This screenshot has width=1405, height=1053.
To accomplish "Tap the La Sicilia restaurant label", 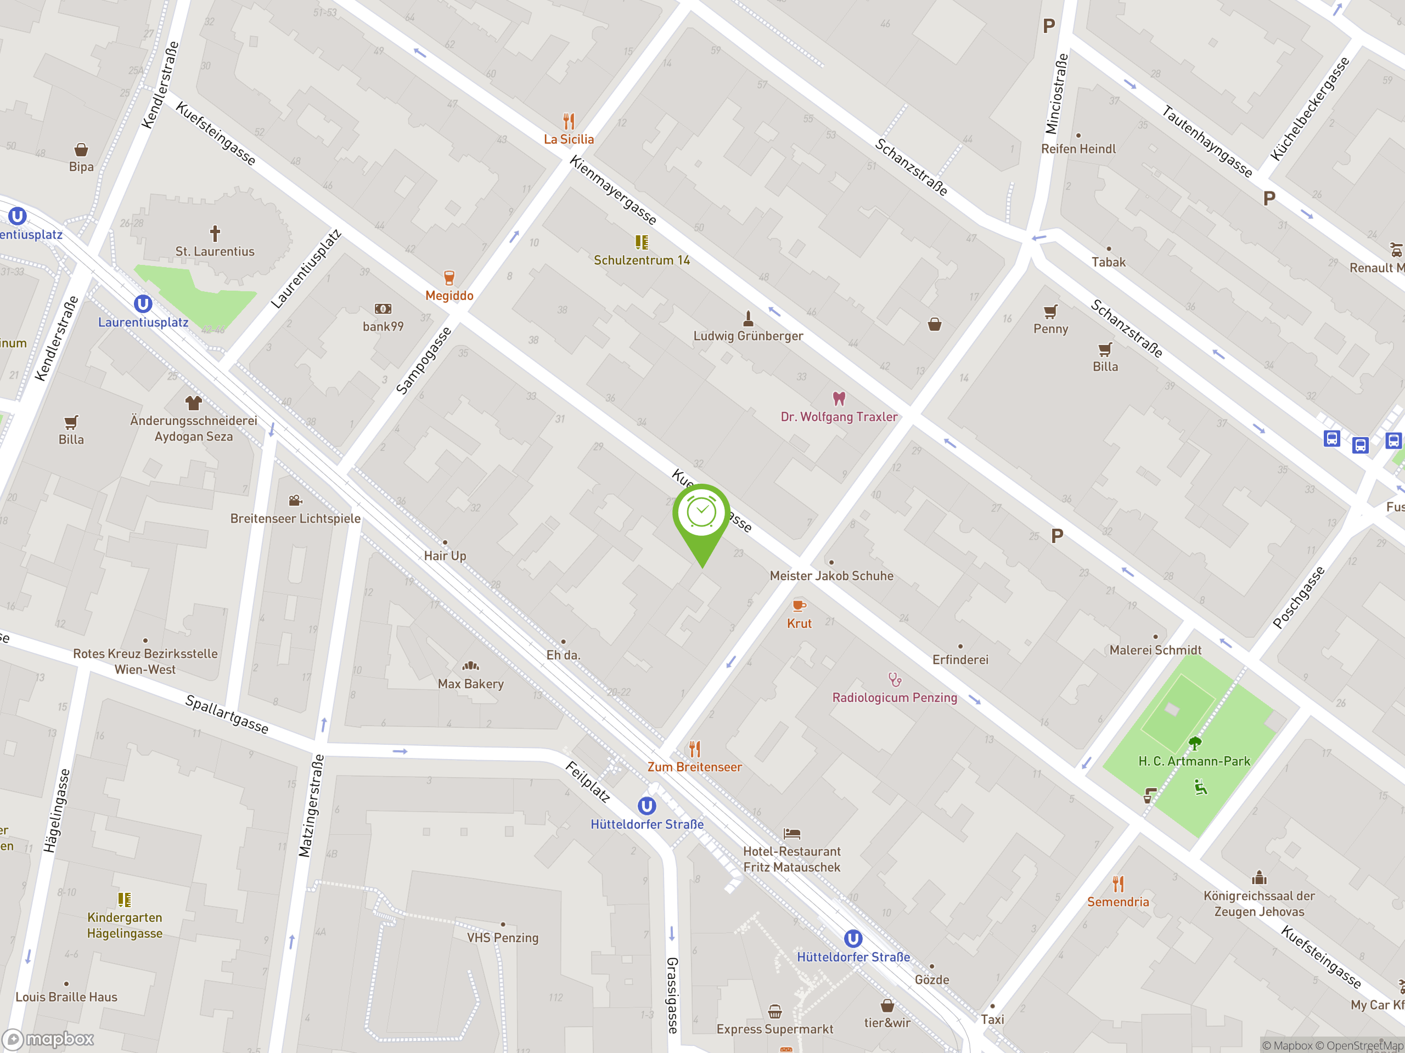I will (x=569, y=139).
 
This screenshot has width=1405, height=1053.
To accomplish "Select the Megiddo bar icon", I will (x=449, y=278).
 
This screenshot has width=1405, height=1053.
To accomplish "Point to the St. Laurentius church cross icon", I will (x=215, y=233).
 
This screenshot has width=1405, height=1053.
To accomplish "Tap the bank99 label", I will (x=383, y=326).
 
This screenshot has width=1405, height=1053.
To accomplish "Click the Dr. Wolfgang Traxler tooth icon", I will (x=839, y=399).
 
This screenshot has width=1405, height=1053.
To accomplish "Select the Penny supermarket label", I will (x=1050, y=329).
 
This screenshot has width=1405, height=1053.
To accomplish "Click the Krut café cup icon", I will (x=799, y=605).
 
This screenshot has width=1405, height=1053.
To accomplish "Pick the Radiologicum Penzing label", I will (x=895, y=698).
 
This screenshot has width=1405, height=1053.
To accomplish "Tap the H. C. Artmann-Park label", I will (x=1194, y=761).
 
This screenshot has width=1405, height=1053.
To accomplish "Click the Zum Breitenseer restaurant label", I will (x=694, y=767).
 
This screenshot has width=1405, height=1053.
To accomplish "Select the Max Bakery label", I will (x=471, y=683).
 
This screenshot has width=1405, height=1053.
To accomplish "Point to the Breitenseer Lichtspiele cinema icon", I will (x=295, y=501).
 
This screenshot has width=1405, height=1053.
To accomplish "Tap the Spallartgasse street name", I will (x=227, y=714).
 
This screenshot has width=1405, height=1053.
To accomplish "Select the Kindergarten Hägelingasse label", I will (x=125, y=925).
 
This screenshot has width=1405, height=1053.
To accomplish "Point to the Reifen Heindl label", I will (x=1078, y=149).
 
